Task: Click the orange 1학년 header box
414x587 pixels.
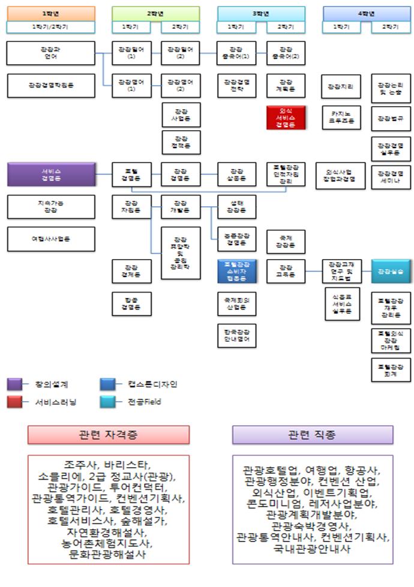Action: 51,13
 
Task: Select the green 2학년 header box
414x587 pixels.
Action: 156,13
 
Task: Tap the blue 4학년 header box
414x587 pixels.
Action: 367,13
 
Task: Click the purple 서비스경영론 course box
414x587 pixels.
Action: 52,174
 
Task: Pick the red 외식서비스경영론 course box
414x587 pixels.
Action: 286,118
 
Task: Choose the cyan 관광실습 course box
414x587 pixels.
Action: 391,271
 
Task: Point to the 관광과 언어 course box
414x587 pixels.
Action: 51,53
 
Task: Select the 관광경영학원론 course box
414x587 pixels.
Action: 51,85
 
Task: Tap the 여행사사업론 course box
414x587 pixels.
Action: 51,239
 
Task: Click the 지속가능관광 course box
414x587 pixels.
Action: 51,207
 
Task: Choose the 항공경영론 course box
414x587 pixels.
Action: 130,303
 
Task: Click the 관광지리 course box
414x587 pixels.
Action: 341,86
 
